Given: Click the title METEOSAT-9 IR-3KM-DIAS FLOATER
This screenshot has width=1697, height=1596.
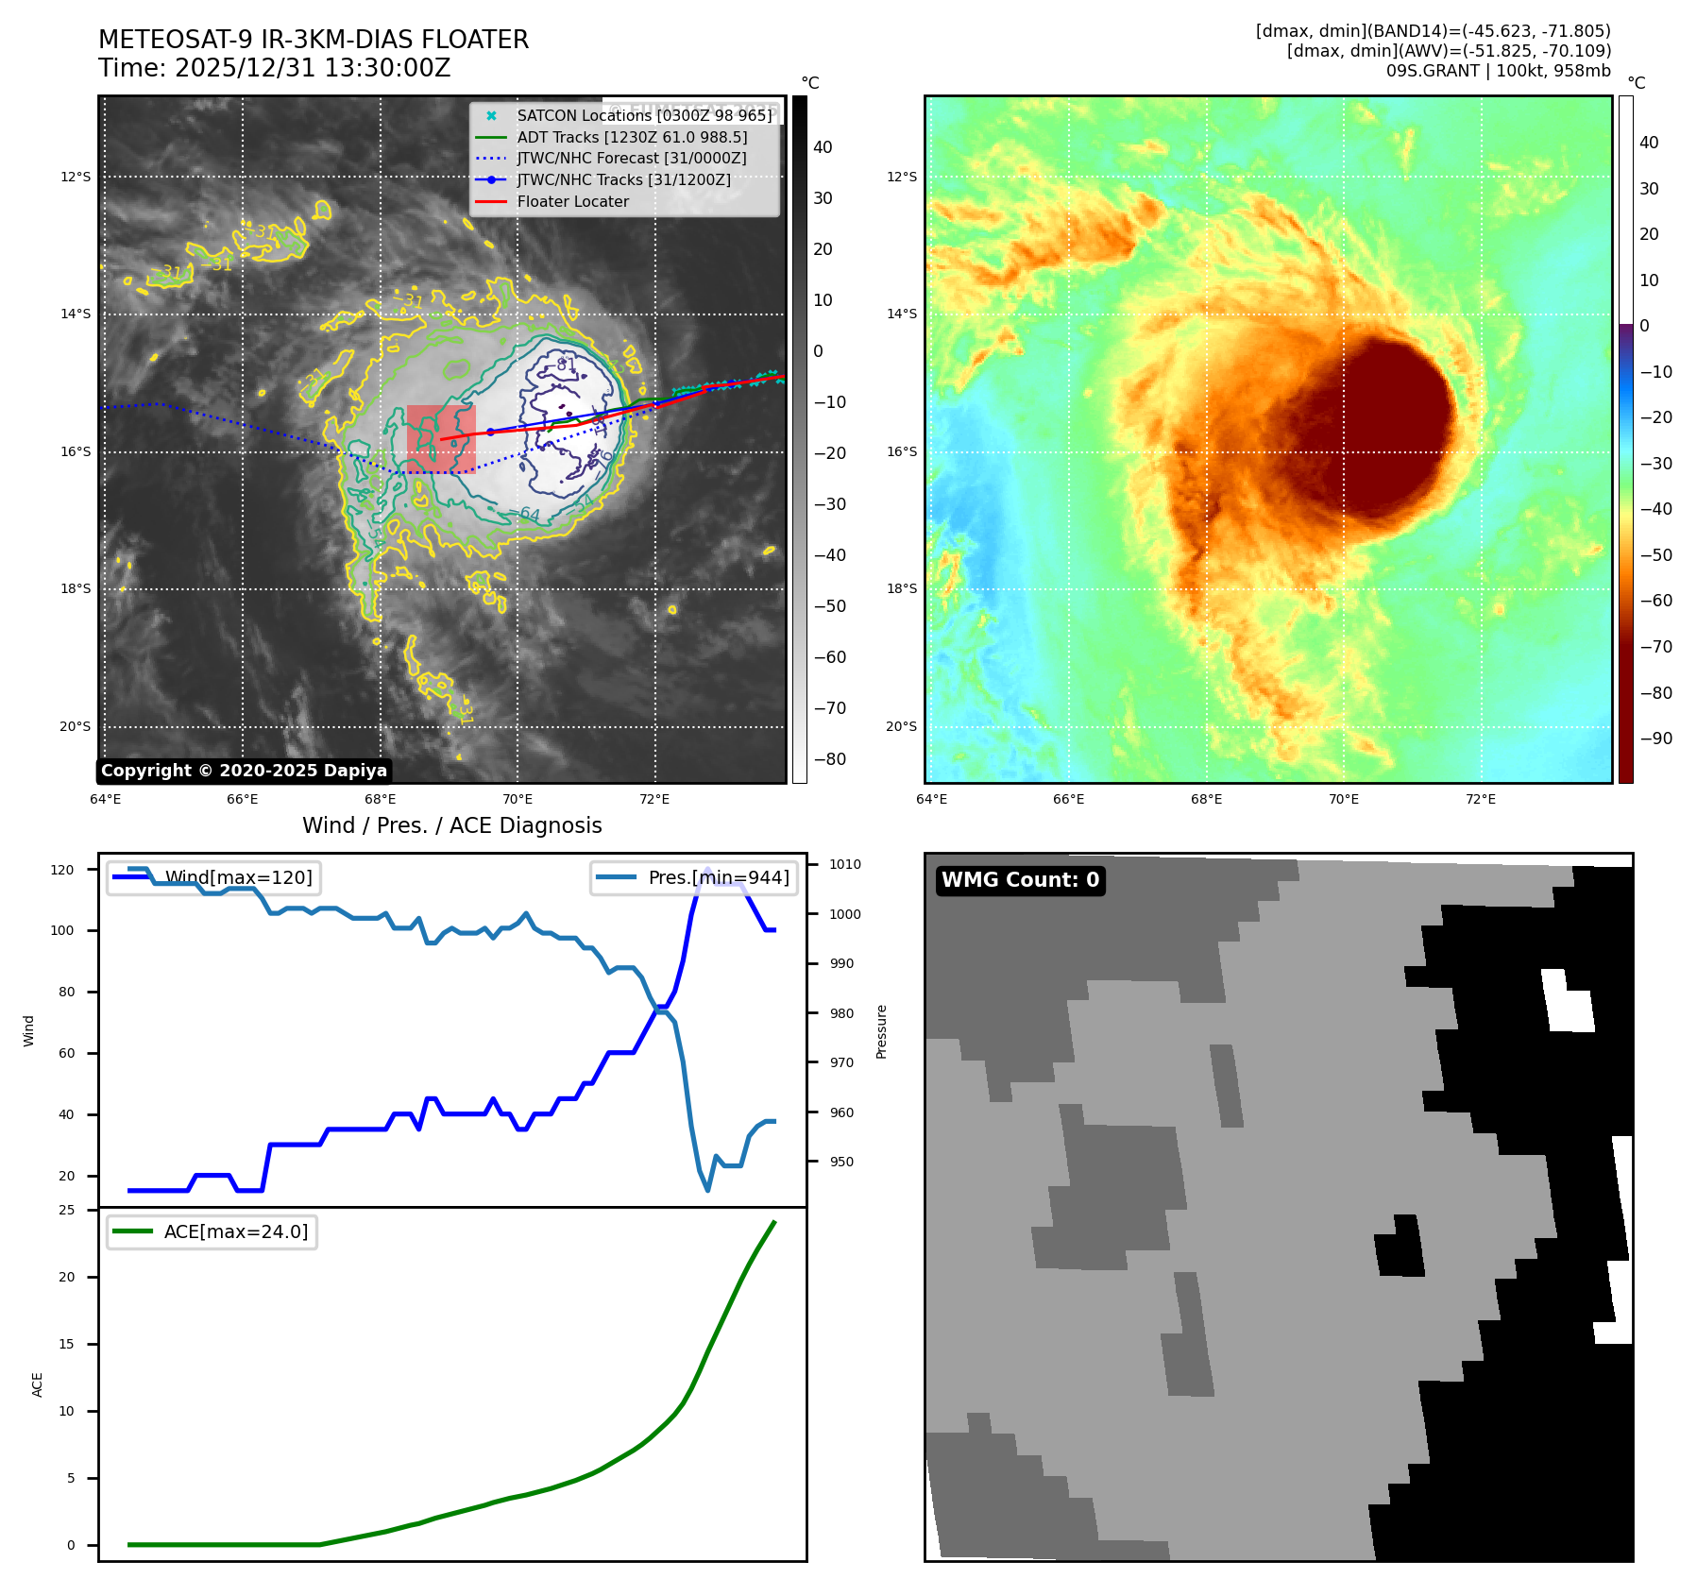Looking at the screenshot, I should (314, 40).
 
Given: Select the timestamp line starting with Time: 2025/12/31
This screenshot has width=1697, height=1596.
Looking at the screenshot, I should (275, 69).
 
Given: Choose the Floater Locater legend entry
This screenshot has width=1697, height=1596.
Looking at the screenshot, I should (572, 201).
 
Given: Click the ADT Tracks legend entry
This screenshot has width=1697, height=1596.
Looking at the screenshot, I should (632, 137).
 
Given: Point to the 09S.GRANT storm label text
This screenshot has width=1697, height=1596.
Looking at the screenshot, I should (1498, 71).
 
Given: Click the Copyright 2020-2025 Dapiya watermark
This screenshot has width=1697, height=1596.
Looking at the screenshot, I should (244, 771).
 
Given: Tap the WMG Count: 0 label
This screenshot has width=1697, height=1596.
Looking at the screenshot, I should (1020, 880).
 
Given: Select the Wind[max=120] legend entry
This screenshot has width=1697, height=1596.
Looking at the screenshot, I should (238, 877).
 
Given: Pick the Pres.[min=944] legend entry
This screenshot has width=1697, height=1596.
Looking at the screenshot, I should (718, 877).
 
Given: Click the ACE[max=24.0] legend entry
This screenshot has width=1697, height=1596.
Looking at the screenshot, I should (236, 1231).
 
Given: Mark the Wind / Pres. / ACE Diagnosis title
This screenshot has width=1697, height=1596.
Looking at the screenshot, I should (451, 825).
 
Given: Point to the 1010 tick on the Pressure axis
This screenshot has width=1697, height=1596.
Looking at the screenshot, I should (845, 864).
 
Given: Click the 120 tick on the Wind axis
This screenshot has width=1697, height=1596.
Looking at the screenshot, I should (62, 870).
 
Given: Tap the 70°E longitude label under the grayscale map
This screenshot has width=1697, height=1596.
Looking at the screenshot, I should (518, 799).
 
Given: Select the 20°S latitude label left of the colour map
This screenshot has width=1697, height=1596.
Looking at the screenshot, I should (901, 726).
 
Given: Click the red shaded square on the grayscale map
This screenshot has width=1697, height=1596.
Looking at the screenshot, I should (441, 438).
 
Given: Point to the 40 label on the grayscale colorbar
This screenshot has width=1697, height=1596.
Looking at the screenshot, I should (823, 147).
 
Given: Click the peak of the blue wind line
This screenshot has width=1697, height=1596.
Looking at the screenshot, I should (708, 869).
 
